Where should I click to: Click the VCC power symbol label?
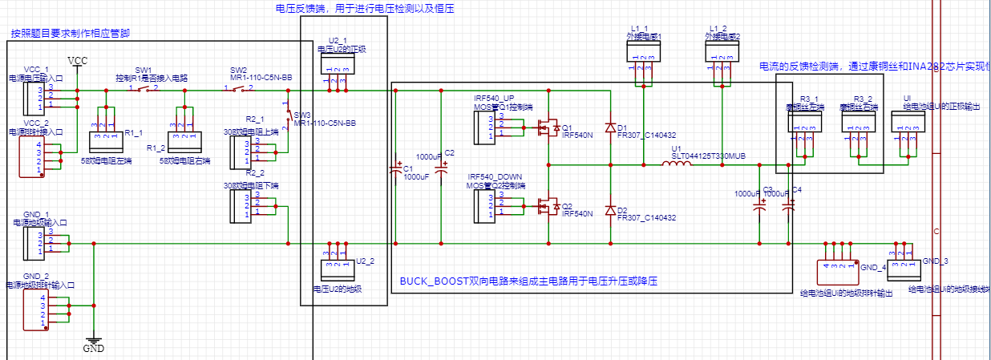[x=78, y=61]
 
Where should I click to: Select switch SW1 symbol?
[x=144, y=90]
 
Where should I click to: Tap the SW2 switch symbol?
[x=239, y=90]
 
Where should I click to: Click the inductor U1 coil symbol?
[x=678, y=165]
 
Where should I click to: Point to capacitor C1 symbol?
[x=395, y=169]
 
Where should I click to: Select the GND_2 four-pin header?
[x=34, y=309]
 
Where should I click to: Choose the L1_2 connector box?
[x=722, y=52]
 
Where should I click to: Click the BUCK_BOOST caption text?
[x=528, y=282]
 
